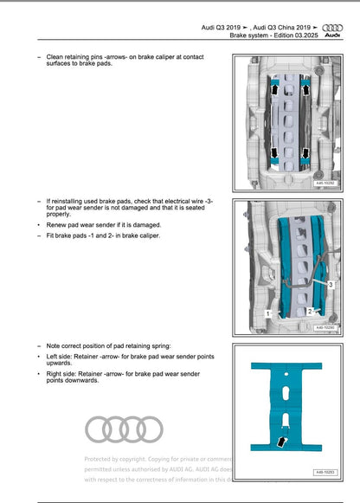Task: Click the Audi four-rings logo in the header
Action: point(331,28)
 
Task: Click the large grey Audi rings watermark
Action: point(124,429)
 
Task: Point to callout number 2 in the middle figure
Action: point(309,310)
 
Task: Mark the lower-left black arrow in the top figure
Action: point(275,154)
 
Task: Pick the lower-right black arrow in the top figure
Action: point(307,154)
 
